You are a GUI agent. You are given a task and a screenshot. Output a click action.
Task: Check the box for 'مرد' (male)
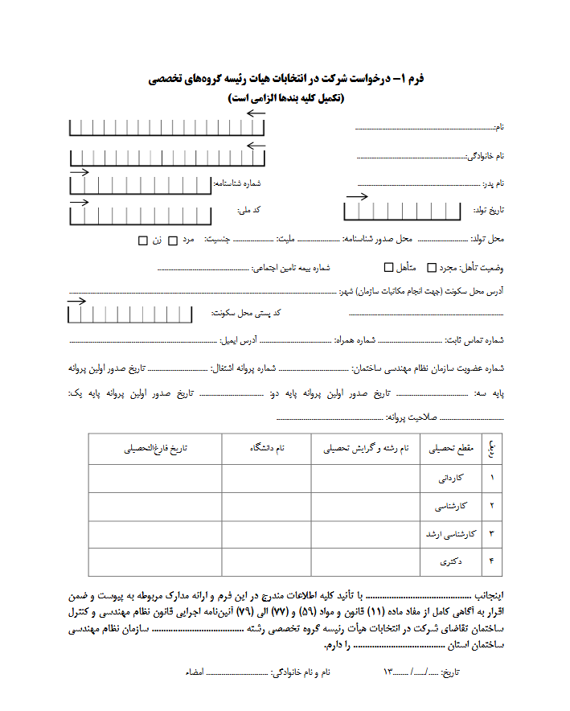(x=173, y=240)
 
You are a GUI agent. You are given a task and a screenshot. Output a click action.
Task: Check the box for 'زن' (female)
(x=143, y=240)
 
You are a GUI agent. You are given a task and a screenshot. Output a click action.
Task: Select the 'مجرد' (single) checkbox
(x=432, y=267)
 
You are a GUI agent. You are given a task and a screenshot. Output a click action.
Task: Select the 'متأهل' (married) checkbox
(x=389, y=267)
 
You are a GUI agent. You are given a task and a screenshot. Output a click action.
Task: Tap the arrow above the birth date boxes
(x=357, y=196)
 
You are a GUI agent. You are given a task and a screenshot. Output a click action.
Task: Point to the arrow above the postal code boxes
(x=77, y=301)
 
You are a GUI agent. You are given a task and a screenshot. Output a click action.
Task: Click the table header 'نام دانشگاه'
(x=267, y=448)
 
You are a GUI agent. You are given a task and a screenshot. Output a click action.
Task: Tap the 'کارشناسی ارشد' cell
(x=450, y=534)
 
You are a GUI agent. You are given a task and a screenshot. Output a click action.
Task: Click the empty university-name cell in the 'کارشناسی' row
(x=267, y=507)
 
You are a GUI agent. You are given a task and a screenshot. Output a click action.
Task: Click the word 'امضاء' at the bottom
(x=194, y=671)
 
